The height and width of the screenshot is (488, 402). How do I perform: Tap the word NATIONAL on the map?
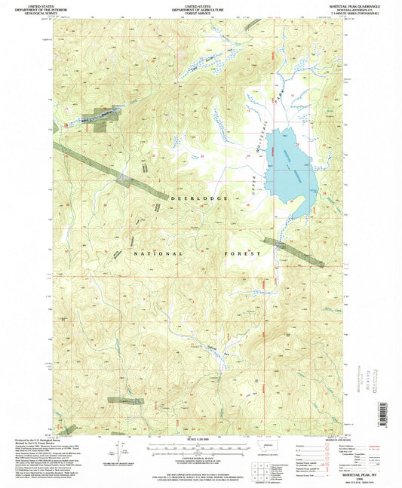pyautogui.click(x=153, y=255)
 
